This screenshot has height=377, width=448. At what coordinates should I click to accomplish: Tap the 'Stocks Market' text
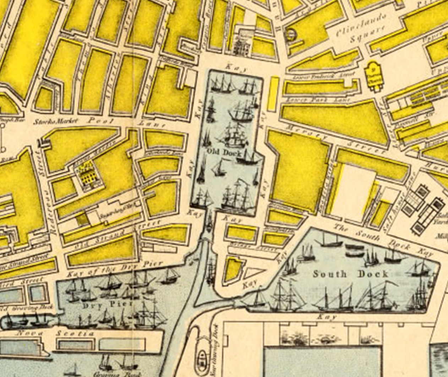(55, 122)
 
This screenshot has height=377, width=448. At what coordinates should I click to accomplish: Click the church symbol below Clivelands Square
(373, 73)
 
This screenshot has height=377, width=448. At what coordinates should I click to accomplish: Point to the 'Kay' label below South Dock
(326, 317)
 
